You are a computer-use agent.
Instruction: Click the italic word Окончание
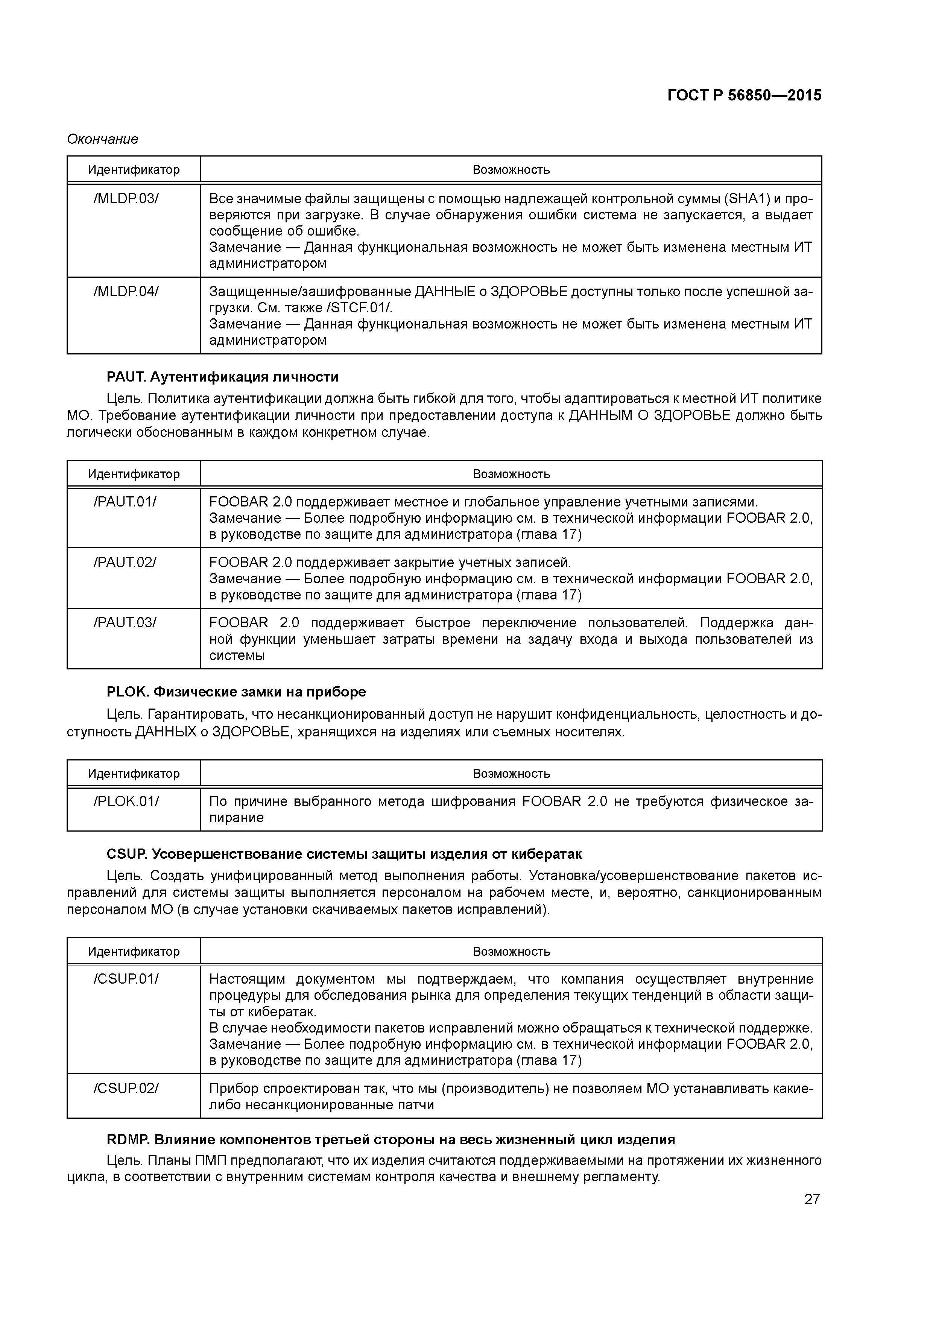click(102, 139)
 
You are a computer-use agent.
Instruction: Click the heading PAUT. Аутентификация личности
click(222, 377)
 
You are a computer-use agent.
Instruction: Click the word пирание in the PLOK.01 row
click(236, 818)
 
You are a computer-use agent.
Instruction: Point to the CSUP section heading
click(344, 854)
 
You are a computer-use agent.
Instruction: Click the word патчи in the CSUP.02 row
click(417, 1104)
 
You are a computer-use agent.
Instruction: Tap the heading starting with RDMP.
click(391, 1139)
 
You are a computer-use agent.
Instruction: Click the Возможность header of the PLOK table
click(511, 774)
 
